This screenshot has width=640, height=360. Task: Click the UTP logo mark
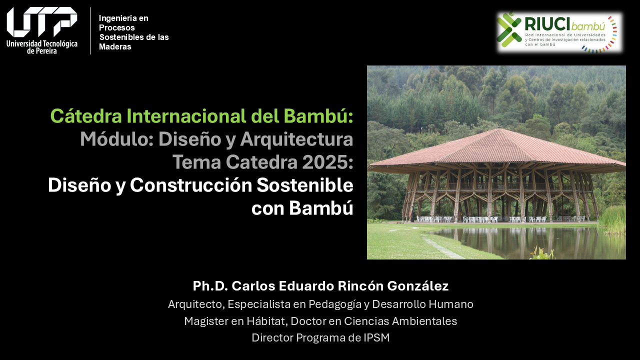pyautogui.click(x=41, y=22)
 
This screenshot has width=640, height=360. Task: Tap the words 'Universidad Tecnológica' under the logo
pyautogui.click(x=42, y=44)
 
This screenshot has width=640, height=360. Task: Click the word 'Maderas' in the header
pyautogui.click(x=115, y=46)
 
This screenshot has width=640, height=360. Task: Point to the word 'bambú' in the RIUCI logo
pyautogui.click(x=588, y=26)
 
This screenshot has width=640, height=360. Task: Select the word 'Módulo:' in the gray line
pyautogui.click(x=117, y=139)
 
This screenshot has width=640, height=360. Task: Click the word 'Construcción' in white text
pyautogui.click(x=191, y=185)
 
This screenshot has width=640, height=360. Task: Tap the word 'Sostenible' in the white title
pyautogui.click(x=305, y=185)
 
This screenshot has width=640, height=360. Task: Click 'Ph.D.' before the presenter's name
pyautogui.click(x=210, y=286)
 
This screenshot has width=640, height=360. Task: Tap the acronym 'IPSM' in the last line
pyautogui.click(x=376, y=337)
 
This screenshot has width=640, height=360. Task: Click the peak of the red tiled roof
pyautogui.click(x=499, y=129)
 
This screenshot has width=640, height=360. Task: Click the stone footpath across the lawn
pyautogui.click(x=443, y=247)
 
